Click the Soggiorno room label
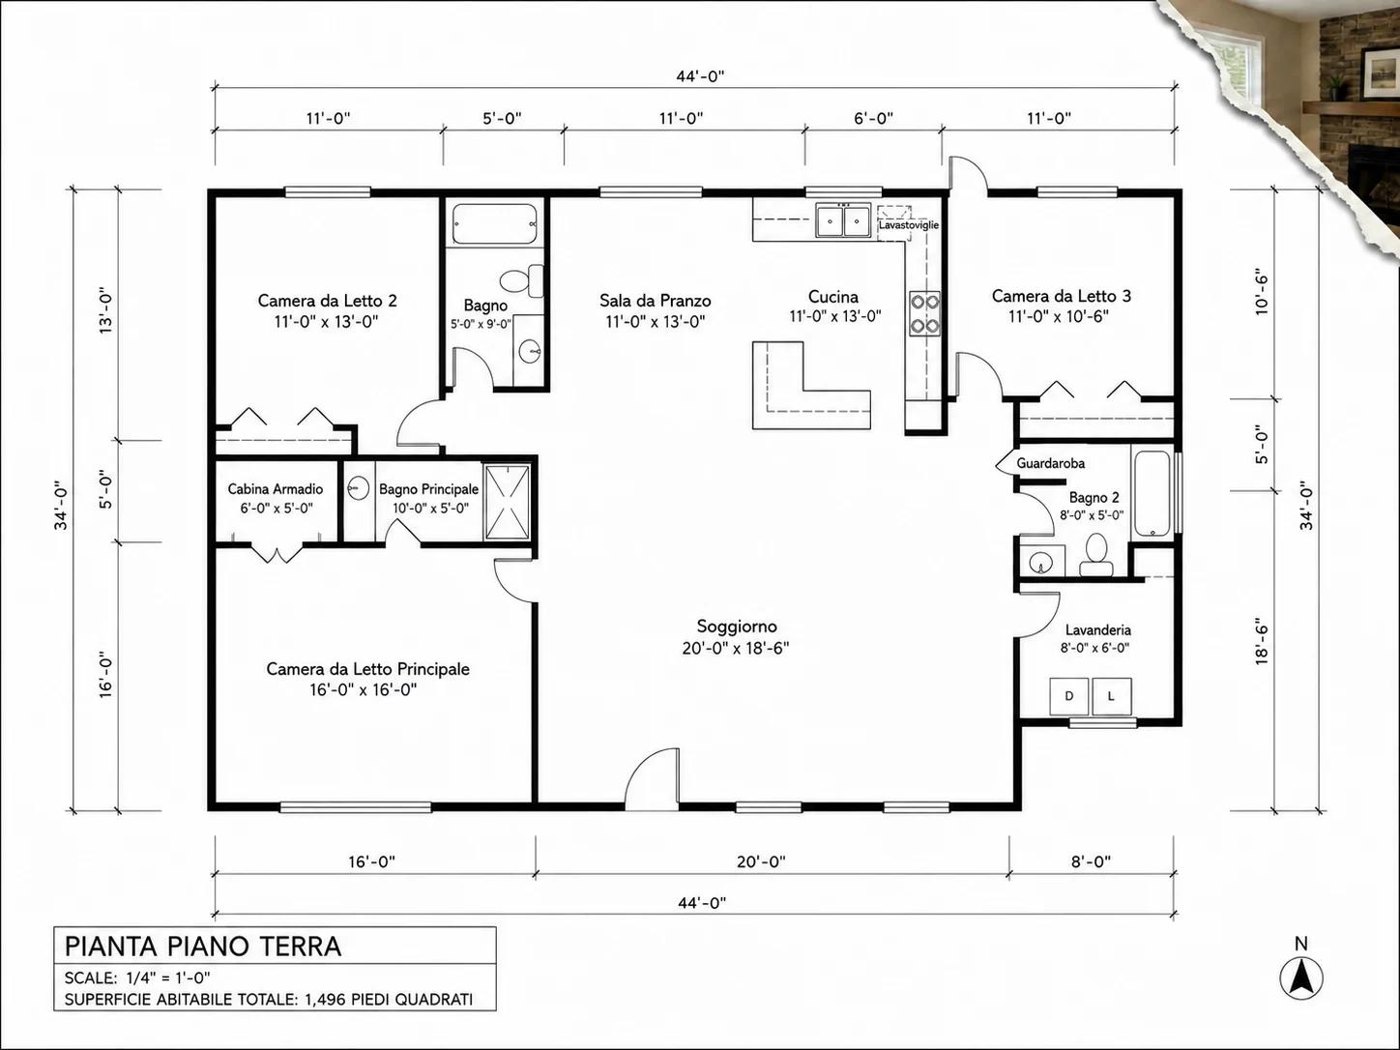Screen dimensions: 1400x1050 pyautogui.click(x=736, y=627)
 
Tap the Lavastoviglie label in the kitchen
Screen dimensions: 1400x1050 pyautogui.click(x=908, y=225)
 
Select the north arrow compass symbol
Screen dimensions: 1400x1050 pyautogui.click(x=1301, y=977)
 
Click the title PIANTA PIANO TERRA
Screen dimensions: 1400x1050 pyautogui.click(x=203, y=947)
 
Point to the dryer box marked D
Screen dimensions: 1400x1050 pyautogui.click(x=1069, y=696)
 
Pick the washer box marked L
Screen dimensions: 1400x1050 pyautogui.click(x=1112, y=696)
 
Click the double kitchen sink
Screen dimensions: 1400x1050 pyautogui.click(x=843, y=219)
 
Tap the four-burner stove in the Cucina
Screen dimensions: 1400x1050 pyautogui.click(x=925, y=313)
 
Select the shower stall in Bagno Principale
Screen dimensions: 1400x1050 pyautogui.click(x=507, y=503)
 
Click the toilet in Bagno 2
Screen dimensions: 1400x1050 pyautogui.click(x=1095, y=555)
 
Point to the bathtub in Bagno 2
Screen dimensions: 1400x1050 pyautogui.click(x=1152, y=493)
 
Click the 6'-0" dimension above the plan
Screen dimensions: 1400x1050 pyautogui.click(x=873, y=118)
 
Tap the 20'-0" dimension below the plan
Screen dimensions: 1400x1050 pyautogui.click(x=761, y=861)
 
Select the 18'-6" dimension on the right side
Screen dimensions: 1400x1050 pyautogui.click(x=1261, y=641)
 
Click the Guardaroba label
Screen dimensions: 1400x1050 pyautogui.click(x=1050, y=463)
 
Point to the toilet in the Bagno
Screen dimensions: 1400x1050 pyautogui.click(x=521, y=280)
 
